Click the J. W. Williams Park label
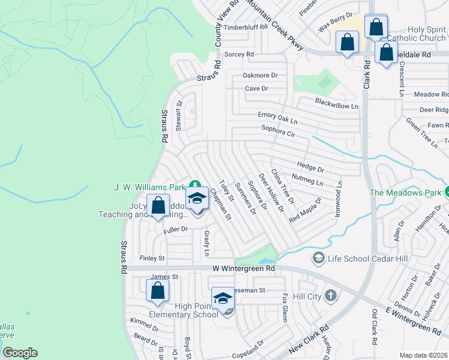tap(150, 187)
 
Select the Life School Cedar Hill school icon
tap(318, 258)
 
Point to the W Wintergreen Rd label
tap(244, 269)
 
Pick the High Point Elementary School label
tap(196, 310)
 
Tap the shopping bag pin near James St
tap(157, 290)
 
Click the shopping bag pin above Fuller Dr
tap(158, 205)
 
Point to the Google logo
tap(20, 352)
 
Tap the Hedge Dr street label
tap(310, 165)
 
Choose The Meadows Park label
tap(406, 193)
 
